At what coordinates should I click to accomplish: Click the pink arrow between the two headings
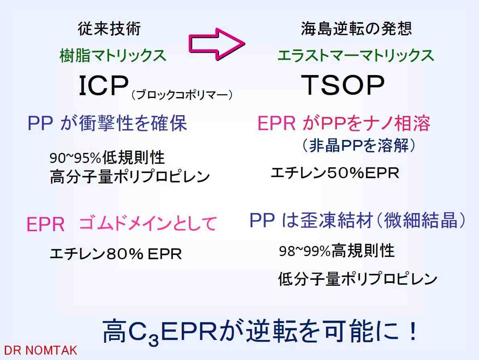coord(217,44)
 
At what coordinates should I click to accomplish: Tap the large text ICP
coord(104,86)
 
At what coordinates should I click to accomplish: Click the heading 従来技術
coord(109,29)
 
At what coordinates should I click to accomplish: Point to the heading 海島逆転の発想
coord(357,28)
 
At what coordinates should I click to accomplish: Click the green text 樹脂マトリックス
coord(113,56)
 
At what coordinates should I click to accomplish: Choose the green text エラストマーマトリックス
coord(355,56)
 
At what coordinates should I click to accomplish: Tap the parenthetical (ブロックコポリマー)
coord(182,95)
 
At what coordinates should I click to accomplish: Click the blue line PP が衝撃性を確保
coord(107,123)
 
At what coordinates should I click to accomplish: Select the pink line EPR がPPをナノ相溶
coord(344,124)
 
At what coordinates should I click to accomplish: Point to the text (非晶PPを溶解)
coord(359,145)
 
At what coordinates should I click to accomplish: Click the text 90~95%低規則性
coord(107,158)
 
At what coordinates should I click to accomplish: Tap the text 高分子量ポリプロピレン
coord(130,177)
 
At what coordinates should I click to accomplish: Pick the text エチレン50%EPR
coord(335,173)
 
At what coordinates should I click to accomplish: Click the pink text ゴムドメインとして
coord(148,224)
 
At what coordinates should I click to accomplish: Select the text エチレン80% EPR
coord(116,254)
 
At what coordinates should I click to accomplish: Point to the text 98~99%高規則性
coord(337,251)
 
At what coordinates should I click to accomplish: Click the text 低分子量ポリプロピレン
coord(358,279)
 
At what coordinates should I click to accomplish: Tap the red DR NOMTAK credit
coord(41,350)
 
